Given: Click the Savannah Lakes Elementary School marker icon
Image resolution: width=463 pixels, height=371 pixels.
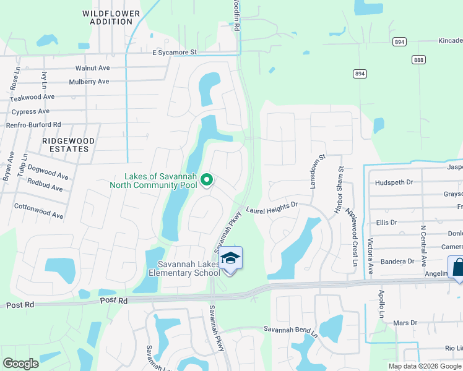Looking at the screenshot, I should point(230,258).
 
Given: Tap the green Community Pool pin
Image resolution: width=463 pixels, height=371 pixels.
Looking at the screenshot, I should point(207,180).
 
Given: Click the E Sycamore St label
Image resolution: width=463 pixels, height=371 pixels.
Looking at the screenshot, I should point(174,53).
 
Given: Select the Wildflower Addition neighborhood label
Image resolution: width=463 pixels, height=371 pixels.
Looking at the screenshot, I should point(107,17).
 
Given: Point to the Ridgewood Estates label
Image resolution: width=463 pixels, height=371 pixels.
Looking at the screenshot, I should point(68,145).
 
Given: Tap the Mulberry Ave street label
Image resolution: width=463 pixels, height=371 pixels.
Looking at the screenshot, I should point(89,82).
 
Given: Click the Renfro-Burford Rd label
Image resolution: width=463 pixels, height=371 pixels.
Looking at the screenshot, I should point(33,125).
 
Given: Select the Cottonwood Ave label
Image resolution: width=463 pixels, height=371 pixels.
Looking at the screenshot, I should point(39,211).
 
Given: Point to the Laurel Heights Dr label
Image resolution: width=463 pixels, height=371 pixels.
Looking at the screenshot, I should point(272,211).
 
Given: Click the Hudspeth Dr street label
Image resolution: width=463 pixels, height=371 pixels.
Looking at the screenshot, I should point(394,182).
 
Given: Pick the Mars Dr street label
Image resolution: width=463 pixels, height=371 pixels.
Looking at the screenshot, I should point(405,323).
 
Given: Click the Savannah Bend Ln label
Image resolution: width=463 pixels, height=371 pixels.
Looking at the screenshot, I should point(290,330).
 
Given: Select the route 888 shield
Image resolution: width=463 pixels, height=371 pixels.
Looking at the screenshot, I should point(419,59).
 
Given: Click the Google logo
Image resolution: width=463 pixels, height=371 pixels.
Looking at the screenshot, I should point(20,364).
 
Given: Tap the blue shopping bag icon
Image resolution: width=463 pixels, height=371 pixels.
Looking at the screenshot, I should point(459,268).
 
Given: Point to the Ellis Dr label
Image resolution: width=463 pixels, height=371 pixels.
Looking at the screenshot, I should point(386,223).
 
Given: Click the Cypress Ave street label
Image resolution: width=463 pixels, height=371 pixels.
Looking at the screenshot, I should point(30,112).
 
